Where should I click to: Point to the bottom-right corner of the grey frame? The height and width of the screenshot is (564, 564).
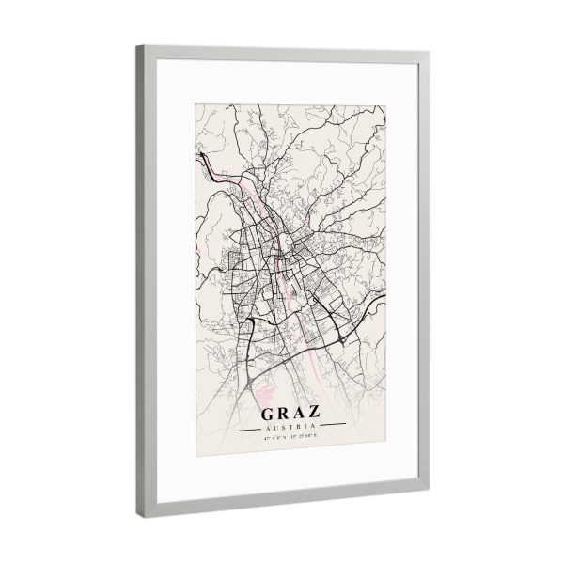[428, 489]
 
